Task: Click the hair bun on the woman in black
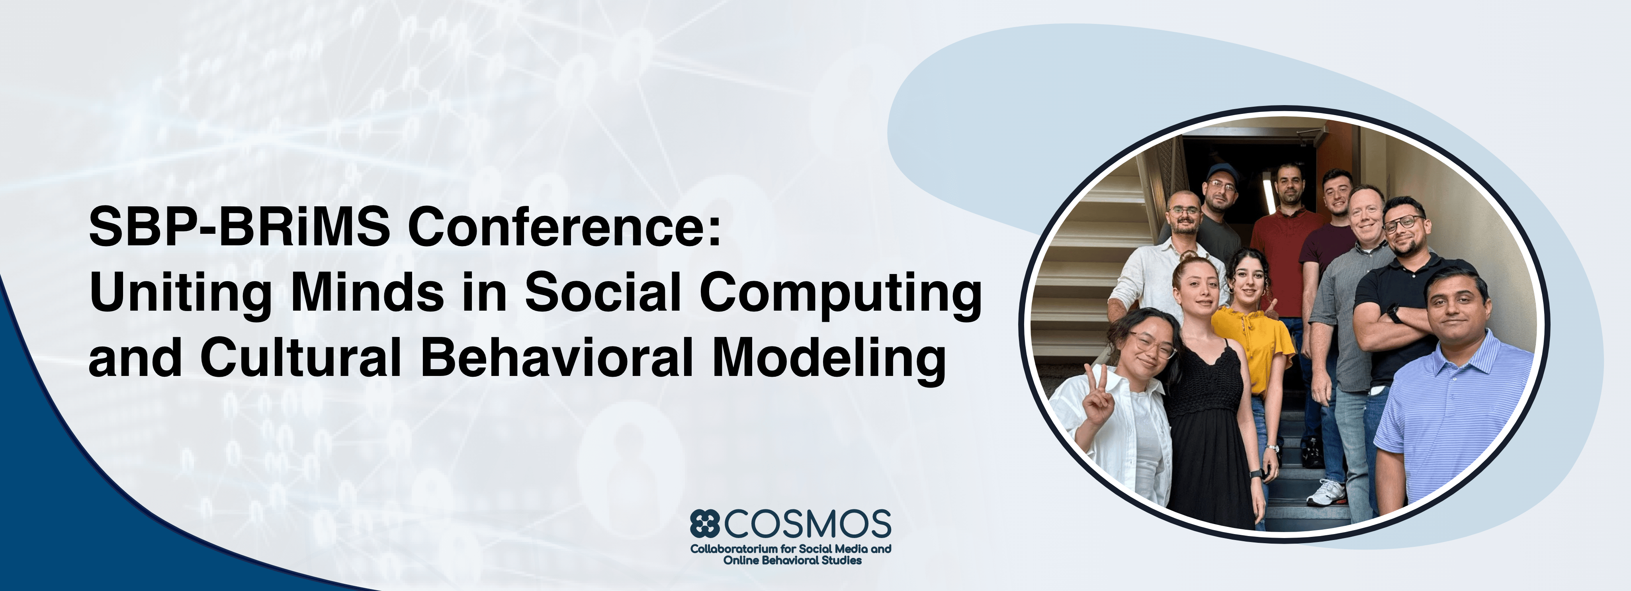point(1189,257)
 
